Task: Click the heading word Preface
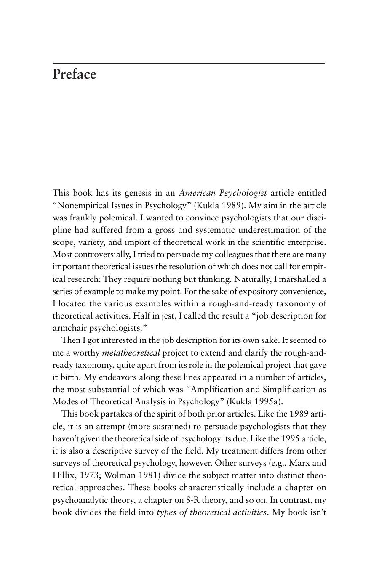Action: tap(74, 74)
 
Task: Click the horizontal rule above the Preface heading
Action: tap(189, 64)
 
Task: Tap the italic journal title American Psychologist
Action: tap(223, 193)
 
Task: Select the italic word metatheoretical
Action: tap(131, 353)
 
